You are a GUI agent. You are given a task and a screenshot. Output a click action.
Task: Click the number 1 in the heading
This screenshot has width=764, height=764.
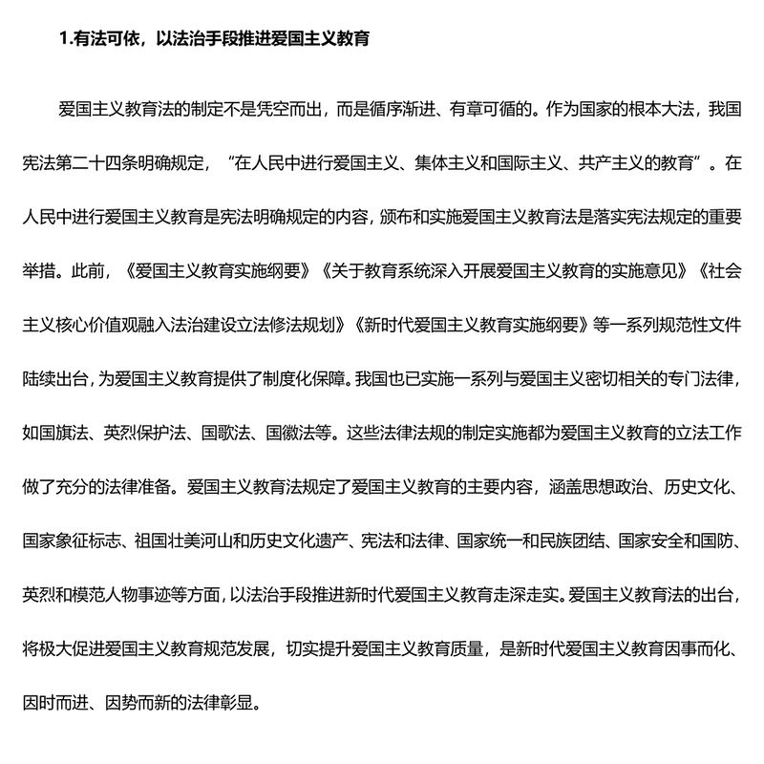click(x=62, y=39)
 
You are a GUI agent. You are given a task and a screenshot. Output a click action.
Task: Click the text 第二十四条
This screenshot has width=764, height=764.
click(x=99, y=162)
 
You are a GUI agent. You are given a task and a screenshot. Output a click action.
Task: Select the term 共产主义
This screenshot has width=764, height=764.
click(x=610, y=162)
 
